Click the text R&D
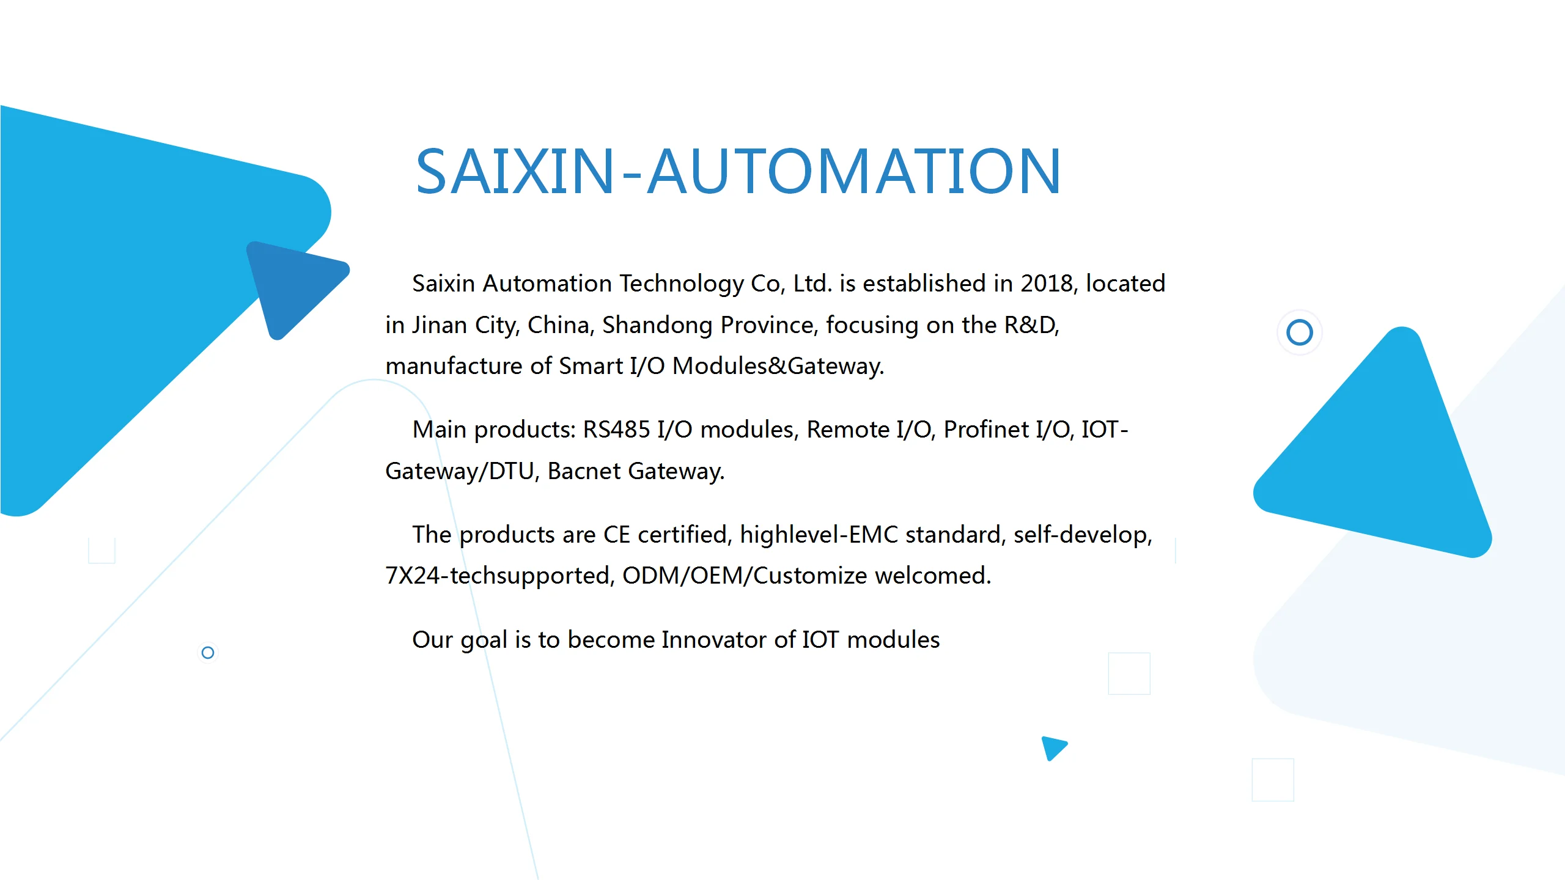[x=1031, y=325]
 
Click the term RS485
[x=616, y=430]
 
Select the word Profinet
[x=986, y=430]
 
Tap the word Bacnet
[x=584, y=471]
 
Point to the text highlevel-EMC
[x=819, y=535]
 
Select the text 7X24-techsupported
[x=499, y=576]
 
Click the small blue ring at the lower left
[x=208, y=647]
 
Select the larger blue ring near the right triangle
[x=1300, y=320]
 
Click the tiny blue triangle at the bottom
[x=1053, y=747]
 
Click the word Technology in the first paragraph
[x=682, y=284]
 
